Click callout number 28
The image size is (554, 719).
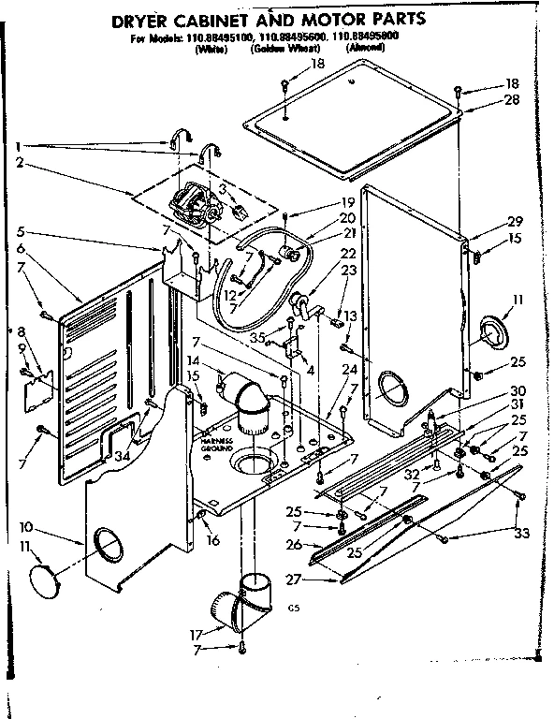(510, 98)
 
